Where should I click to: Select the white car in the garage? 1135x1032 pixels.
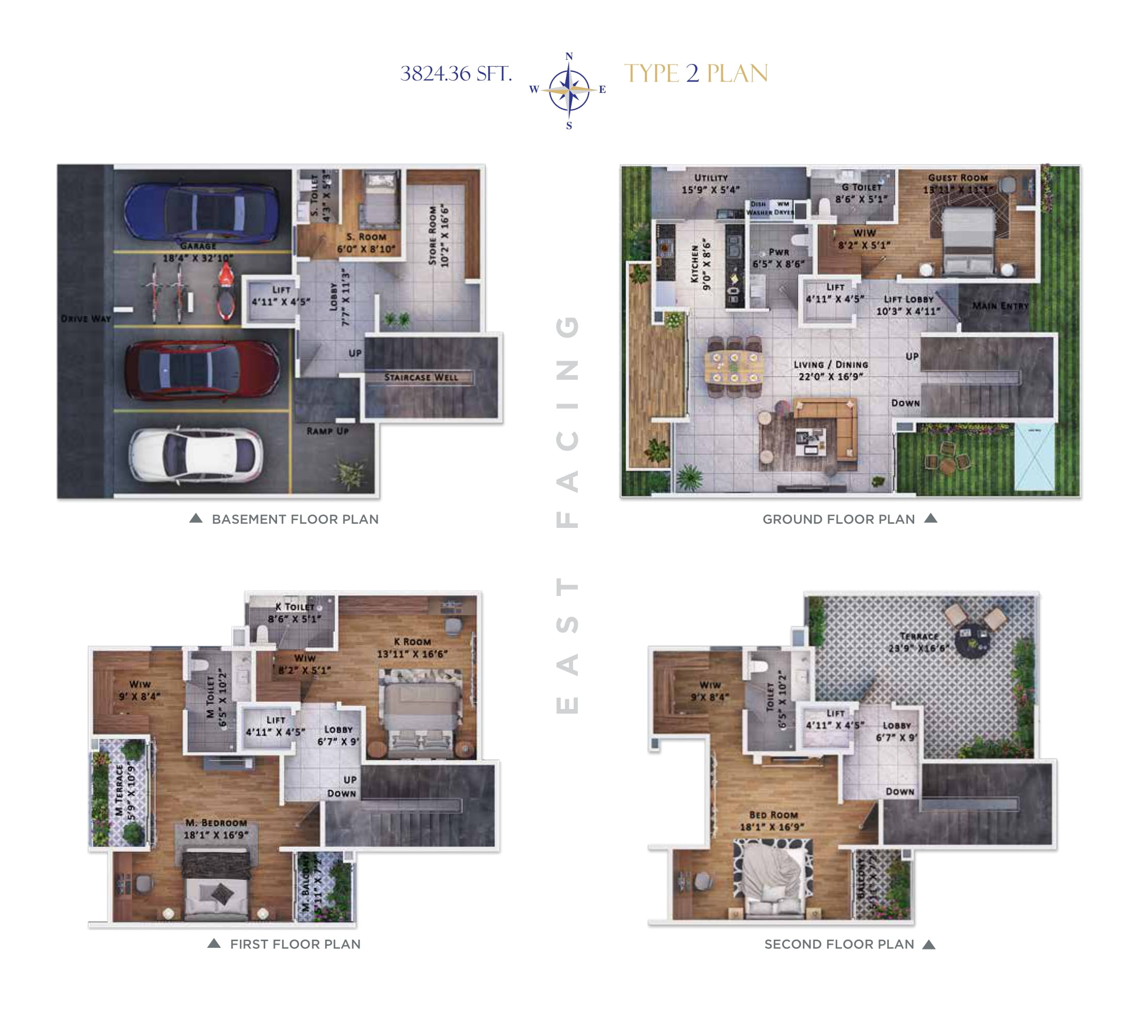(x=196, y=453)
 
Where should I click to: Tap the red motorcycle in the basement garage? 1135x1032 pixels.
(x=226, y=294)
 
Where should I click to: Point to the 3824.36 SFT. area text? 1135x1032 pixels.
(x=456, y=74)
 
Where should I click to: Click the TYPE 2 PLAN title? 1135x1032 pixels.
(x=696, y=74)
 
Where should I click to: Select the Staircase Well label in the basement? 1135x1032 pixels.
(x=420, y=377)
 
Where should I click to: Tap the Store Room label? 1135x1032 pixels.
(x=438, y=235)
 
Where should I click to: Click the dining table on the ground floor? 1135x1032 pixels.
(x=734, y=366)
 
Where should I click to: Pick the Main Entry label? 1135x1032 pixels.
(x=1000, y=305)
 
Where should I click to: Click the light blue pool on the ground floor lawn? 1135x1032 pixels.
(x=1034, y=457)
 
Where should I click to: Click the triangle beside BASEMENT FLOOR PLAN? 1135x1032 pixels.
(x=196, y=518)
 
